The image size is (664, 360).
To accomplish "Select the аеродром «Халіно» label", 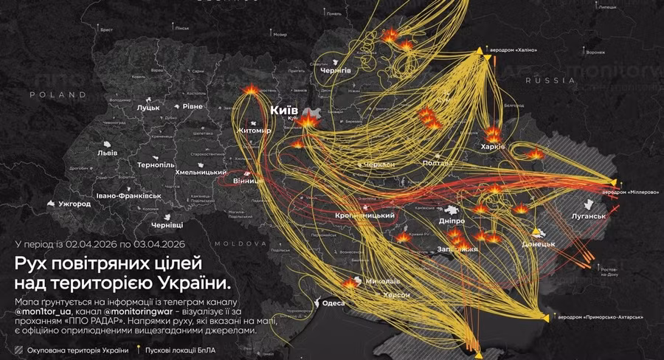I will pos(515,50).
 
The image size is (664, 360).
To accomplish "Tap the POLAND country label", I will pos(58,95).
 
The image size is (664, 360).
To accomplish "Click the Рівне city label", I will pos(193,107).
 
